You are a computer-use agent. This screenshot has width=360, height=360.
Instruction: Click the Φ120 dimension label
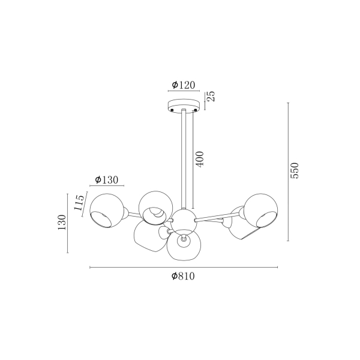click(x=184, y=85)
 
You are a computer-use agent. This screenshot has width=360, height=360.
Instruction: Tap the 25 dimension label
click(x=211, y=96)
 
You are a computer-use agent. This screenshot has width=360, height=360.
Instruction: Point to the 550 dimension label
click(x=295, y=170)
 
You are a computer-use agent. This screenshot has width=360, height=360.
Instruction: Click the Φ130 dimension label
click(x=107, y=180)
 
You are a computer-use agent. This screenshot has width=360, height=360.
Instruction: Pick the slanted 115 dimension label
click(x=79, y=203)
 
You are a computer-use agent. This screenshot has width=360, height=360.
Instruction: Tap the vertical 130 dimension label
click(x=62, y=222)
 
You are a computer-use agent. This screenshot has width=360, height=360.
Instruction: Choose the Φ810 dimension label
click(x=183, y=276)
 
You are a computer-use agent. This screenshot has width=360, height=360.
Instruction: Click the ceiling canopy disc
click(x=184, y=106)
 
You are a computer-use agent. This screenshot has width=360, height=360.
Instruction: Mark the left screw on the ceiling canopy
click(x=172, y=110)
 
